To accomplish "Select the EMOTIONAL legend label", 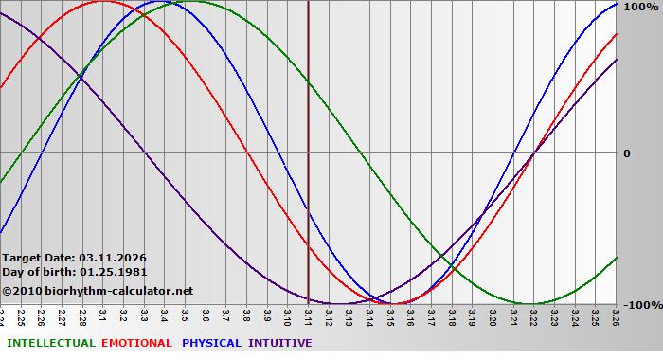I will pos(136,343).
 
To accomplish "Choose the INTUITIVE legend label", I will pos(279,343).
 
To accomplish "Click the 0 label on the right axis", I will pos(626,153).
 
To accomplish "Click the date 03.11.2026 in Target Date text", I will pos(113,258).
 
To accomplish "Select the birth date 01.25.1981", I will pos(113,272).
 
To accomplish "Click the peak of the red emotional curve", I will pos(102,2).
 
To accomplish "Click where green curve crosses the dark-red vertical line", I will pos(308,83).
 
